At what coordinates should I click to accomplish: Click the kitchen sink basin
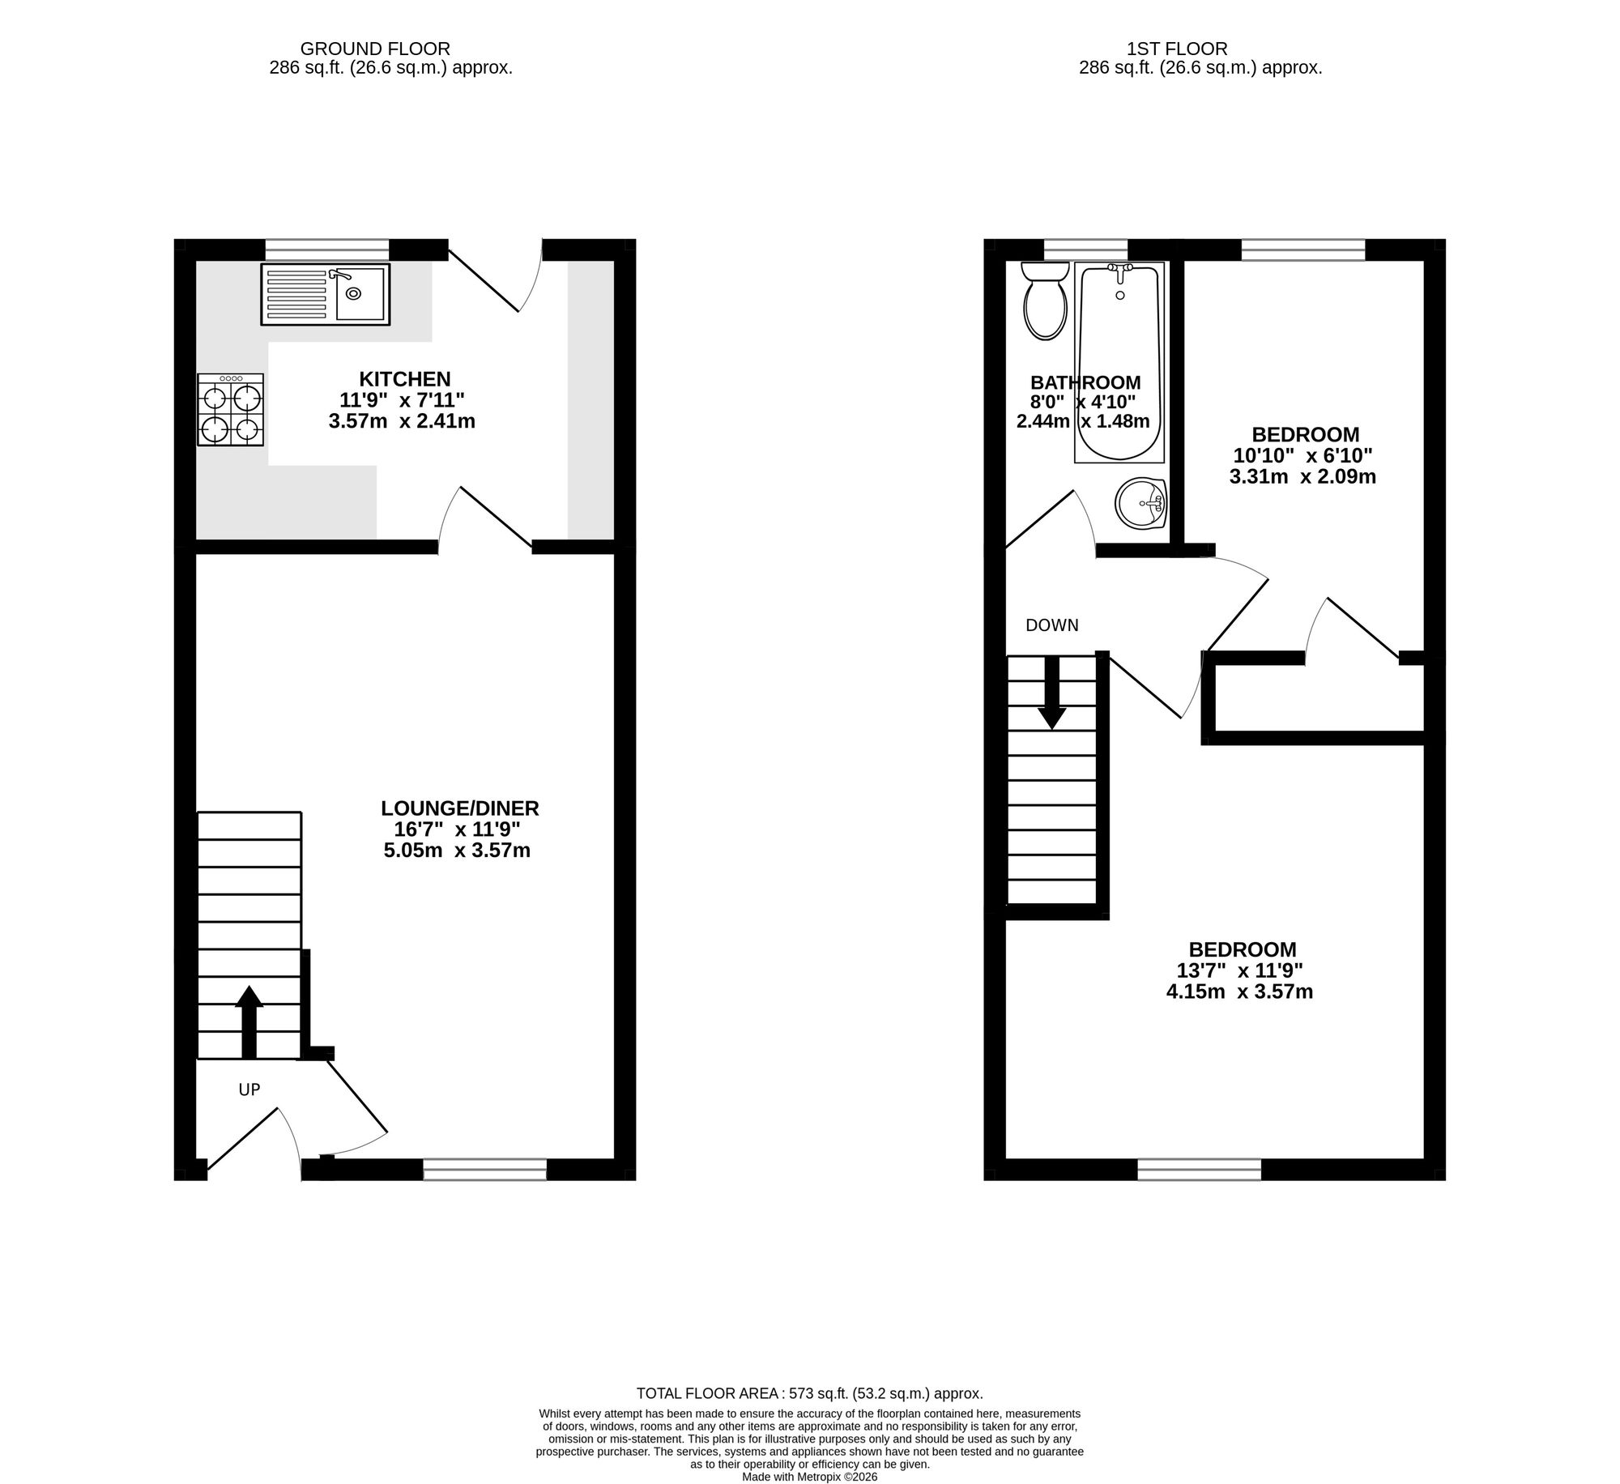(x=360, y=294)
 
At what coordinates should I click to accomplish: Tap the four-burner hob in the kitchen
(x=231, y=409)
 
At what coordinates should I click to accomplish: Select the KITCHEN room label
(x=405, y=378)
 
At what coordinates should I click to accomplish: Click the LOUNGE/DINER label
(x=460, y=808)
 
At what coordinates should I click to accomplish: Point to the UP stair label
(x=249, y=1090)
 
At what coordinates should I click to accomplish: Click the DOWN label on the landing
(x=1052, y=625)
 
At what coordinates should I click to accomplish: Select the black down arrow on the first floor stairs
(x=1052, y=693)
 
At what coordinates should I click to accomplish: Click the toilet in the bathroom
(x=1045, y=300)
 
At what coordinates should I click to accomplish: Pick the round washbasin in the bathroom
(x=1140, y=502)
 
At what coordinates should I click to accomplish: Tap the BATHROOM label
(x=1085, y=382)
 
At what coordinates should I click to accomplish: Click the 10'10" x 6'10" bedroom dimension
(x=1302, y=455)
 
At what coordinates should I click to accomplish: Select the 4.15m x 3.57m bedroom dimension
(x=1239, y=991)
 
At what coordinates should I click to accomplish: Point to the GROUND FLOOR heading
(x=375, y=49)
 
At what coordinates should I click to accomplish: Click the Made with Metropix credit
(x=810, y=1477)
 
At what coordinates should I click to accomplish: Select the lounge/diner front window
(x=484, y=1169)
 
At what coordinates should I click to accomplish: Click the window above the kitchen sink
(x=326, y=249)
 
